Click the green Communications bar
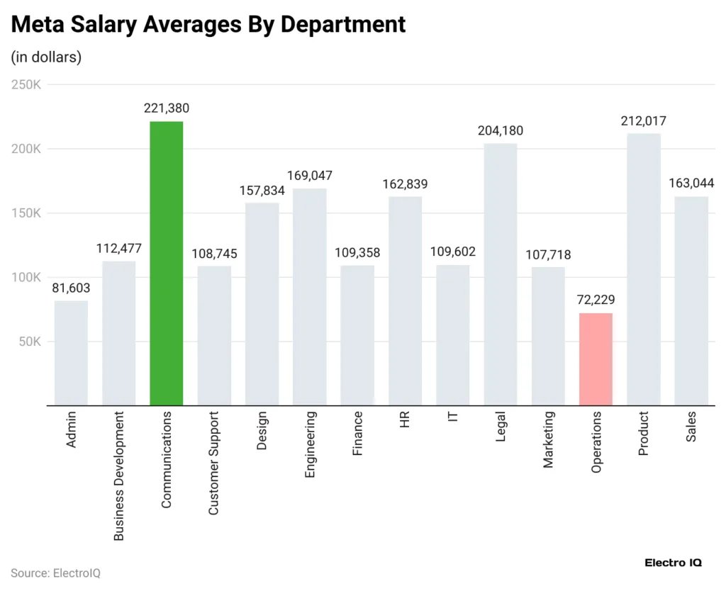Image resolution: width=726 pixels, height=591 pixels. click(x=167, y=264)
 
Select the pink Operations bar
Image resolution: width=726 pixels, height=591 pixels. click(x=596, y=359)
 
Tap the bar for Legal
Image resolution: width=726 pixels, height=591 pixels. click(x=501, y=275)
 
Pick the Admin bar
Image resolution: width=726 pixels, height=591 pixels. click(x=71, y=353)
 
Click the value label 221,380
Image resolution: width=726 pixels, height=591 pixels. click(x=167, y=108)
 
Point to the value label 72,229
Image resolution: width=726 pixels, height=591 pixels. click(x=596, y=300)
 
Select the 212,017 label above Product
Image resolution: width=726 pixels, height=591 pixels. click(x=643, y=121)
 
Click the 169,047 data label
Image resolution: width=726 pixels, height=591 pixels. click(x=310, y=176)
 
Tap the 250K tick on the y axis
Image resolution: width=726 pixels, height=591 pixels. click(x=28, y=85)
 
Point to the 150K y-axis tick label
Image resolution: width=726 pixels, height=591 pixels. click(x=28, y=213)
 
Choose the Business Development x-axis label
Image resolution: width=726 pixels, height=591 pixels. click(x=119, y=475)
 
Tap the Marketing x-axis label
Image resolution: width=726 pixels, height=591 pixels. click(x=548, y=439)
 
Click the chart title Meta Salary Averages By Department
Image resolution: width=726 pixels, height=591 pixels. click(x=208, y=25)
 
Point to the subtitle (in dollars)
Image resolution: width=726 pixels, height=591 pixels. click(x=47, y=57)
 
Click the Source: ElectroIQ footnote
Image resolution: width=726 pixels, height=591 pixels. click(x=55, y=573)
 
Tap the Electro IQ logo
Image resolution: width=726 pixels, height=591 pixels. click(x=672, y=563)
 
